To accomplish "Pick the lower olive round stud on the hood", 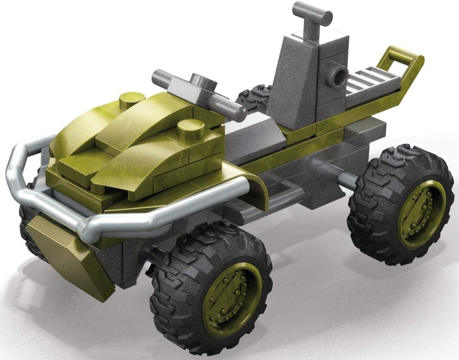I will (190, 126).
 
